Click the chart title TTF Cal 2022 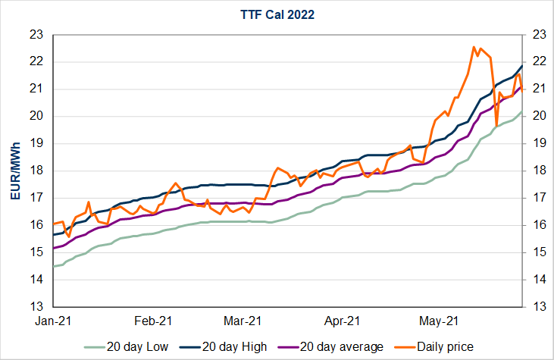tap(277, 14)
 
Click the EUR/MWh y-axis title tap(14, 171)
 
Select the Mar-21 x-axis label tap(244, 321)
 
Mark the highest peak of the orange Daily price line tap(474, 47)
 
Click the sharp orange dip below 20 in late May tap(496, 125)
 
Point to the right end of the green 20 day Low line tap(521, 112)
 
